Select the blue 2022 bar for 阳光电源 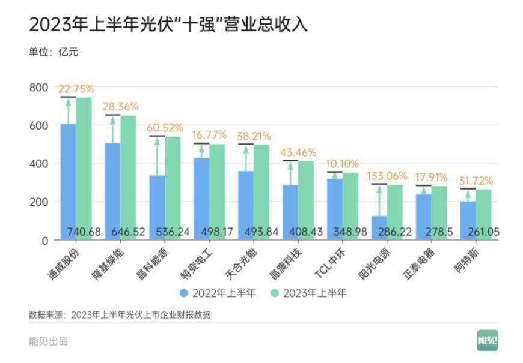click(379, 225)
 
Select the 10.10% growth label click(341, 163)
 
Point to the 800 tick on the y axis click(38, 87)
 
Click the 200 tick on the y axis click(38, 202)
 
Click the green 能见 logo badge click(487, 340)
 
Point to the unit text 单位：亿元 click(54, 52)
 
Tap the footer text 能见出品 click(49, 341)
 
